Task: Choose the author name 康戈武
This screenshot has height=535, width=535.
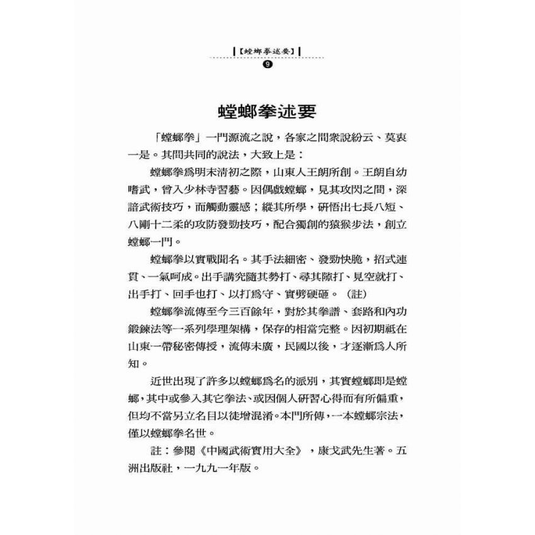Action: click(320, 451)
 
